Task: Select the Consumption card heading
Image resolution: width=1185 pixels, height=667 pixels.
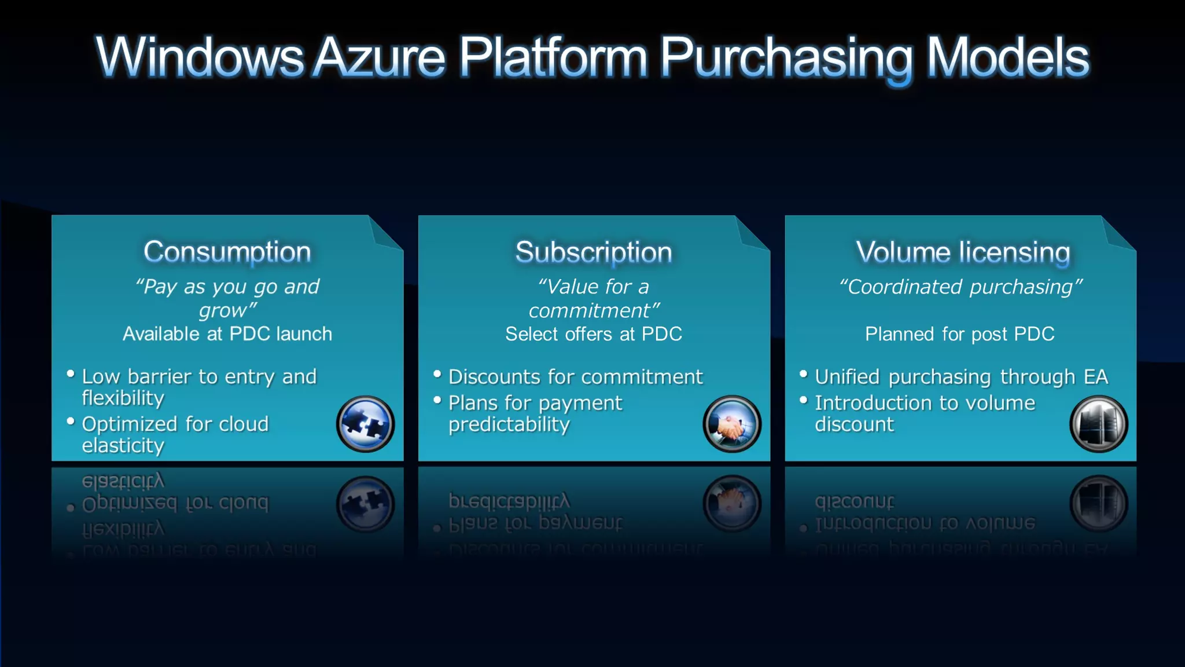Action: click(227, 252)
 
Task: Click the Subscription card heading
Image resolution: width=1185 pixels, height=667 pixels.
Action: click(594, 252)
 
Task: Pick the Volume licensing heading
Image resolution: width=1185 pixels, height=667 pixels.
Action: click(963, 252)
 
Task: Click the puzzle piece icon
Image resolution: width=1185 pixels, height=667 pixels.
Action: click(365, 424)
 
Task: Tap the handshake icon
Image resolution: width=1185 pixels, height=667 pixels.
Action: click(732, 424)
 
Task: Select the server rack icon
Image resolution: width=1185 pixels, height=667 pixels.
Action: click(1098, 424)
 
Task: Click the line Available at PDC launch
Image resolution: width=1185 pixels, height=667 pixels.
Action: click(227, 334)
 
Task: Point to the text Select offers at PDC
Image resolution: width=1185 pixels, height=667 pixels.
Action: click(594, 334)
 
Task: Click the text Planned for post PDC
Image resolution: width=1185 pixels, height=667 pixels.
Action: click(960, 334)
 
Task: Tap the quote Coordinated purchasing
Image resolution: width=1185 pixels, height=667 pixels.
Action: click(960, 287)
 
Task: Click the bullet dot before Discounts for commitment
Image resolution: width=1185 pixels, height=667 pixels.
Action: click(437, 374)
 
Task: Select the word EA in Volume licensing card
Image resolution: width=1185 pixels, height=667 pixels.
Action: click(1096, 377)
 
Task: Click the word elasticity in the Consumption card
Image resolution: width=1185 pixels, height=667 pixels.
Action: click(123, 446)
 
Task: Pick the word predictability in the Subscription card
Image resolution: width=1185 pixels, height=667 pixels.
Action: click(509, 424)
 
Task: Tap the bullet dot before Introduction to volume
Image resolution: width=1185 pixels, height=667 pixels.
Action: click(803, 400)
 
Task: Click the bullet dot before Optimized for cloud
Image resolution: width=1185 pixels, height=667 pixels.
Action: click(71, 422)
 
